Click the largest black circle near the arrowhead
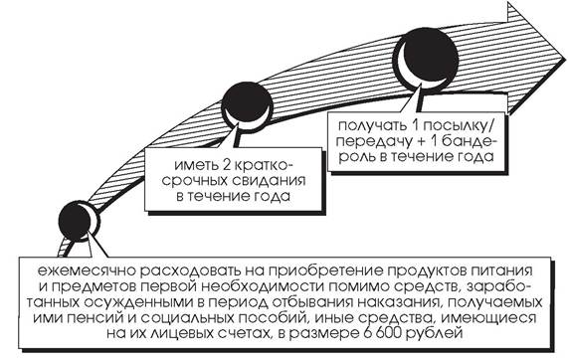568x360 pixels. (426, 60)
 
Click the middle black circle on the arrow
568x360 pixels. (247, 104)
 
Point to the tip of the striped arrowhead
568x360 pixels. (565, 58)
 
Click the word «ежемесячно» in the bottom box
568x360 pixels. (85, 270)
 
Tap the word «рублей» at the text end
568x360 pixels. (434, 333)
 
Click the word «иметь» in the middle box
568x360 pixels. (195, 165)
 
